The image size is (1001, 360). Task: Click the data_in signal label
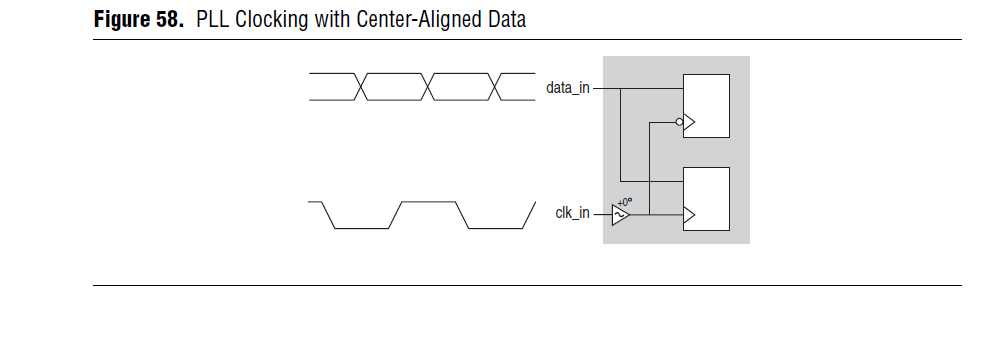point(568,87)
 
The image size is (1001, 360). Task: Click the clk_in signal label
point(572,214)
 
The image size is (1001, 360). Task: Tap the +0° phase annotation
point(625,201)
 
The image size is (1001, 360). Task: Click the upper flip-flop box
point(705,105)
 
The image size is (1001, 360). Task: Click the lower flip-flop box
point(705,199)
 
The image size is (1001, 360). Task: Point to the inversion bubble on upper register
point(680,123)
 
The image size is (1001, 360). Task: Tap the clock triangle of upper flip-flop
point(689,123)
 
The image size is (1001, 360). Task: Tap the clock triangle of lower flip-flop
point(687,214)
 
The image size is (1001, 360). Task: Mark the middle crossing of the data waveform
point(431,87)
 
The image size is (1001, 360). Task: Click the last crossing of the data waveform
point(497,87)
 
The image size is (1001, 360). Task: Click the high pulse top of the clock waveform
point(429,202)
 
